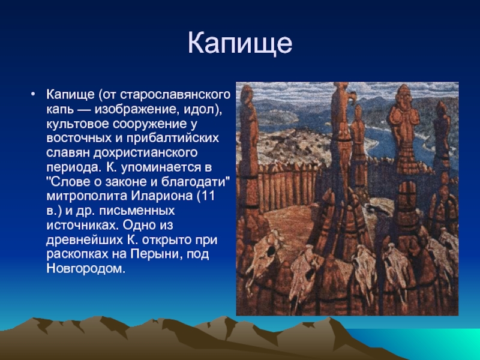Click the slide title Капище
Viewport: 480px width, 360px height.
(x=240, y=43)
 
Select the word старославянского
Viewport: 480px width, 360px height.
(x=175, y=95)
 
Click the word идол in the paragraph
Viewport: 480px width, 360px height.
(x=199, y=109)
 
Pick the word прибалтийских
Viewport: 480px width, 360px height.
(x=173, y=139)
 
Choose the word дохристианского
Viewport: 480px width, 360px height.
(x=145, y=153)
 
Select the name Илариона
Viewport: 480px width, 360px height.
(x=162, y=196)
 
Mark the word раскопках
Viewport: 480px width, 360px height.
(x=78, y=254)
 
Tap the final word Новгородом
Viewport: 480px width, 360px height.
(x=86, y=269)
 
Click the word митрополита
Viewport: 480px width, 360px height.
(x=87, y=197)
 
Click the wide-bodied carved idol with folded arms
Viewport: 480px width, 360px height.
(x=404, y=128)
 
